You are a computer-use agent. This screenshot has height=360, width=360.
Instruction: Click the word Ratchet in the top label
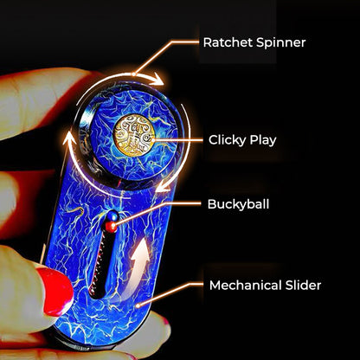(x=228, y=42)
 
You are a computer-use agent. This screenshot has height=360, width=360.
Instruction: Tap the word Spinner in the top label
(x=280, y=43)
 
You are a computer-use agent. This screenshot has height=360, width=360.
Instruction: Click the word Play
(x=263, y=140)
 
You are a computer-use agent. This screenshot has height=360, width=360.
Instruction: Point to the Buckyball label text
(x=238, y=204)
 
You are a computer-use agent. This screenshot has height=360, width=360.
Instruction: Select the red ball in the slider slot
(x=111, y=227)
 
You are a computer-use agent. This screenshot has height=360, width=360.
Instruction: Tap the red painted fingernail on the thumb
(x=57, y=291)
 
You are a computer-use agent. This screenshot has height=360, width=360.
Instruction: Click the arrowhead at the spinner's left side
(x=67, y=141)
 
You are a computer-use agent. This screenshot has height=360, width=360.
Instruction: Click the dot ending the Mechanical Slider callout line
(x=138, y=305)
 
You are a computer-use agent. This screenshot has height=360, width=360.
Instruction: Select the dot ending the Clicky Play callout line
(x=153, y=140)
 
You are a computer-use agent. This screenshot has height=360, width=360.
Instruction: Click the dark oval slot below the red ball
(x=100, y=264)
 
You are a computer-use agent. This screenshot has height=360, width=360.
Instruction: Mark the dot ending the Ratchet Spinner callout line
(x=133, y=74)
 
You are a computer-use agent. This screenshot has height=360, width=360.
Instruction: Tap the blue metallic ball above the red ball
(x=112, y=215)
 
